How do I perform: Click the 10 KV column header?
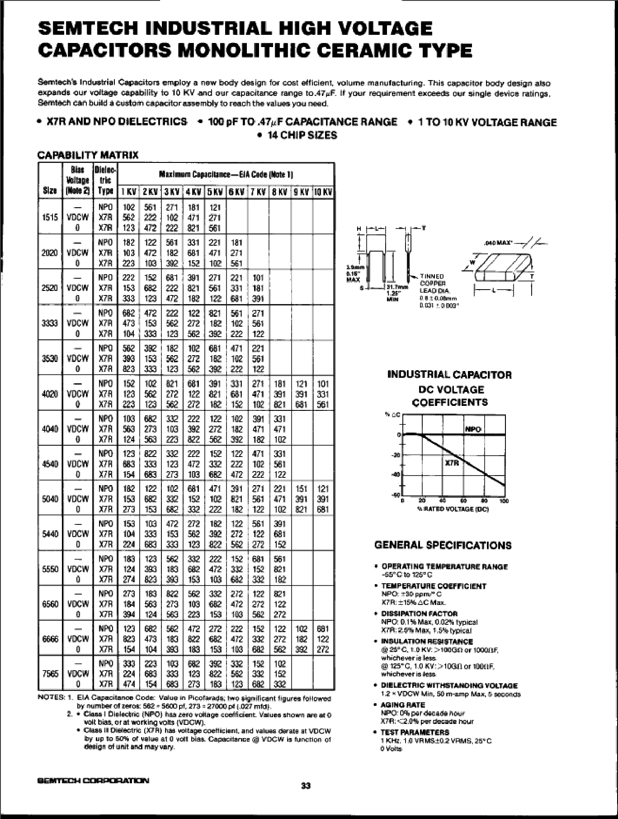pos(323,192)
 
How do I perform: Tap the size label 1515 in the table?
pos(50,217)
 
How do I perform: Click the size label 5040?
pos(50,499)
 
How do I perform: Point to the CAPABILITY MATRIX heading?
pos(88,155)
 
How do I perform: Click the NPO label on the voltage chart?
pos(473,429)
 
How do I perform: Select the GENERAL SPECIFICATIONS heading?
pos(443,545)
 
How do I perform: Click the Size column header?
pos(50,192)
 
